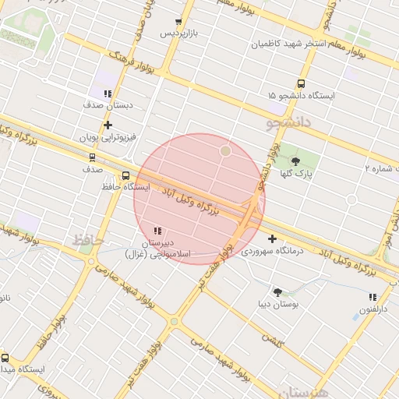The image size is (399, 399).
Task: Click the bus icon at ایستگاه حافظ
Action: (126, 175)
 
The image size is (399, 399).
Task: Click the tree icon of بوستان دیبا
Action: (277, 291)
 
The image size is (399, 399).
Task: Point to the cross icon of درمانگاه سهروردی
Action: (272, 238)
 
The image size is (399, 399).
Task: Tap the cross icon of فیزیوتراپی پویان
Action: (108, 125)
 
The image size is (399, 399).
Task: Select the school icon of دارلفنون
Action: (373, 297)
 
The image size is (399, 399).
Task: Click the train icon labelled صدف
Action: (93, 157)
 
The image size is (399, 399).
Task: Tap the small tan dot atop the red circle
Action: (225, 150)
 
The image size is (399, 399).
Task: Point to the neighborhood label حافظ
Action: (88, 240)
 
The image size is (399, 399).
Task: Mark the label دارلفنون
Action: (373, 309)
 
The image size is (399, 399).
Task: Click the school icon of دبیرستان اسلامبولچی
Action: (157, 231)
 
